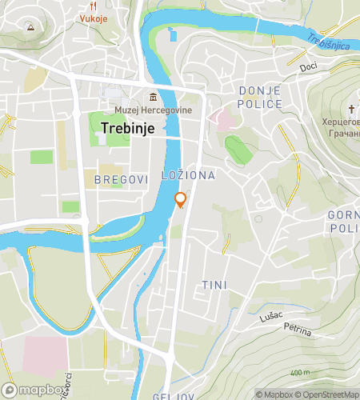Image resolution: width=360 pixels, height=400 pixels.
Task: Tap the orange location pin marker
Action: tap(181, 200)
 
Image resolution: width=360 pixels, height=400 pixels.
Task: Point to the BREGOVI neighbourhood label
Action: tap(122, 180)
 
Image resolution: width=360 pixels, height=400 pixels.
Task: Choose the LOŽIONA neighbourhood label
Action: tap(189, 175)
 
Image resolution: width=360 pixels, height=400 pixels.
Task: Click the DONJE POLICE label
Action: tap(260, 98)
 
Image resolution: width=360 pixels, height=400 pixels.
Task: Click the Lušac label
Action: tap(270, 318)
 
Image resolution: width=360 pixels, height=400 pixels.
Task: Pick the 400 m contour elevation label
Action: tap(299, 373)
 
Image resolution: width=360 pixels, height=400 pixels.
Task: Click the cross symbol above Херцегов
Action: tap(351, 110)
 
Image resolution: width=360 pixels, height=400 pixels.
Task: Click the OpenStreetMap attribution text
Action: tap(327, 394)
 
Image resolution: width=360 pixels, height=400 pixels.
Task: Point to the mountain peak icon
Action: tap(30, 26)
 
